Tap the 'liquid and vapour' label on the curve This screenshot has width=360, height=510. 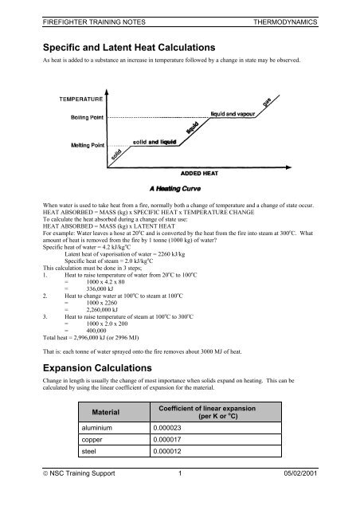coord(238,114)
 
